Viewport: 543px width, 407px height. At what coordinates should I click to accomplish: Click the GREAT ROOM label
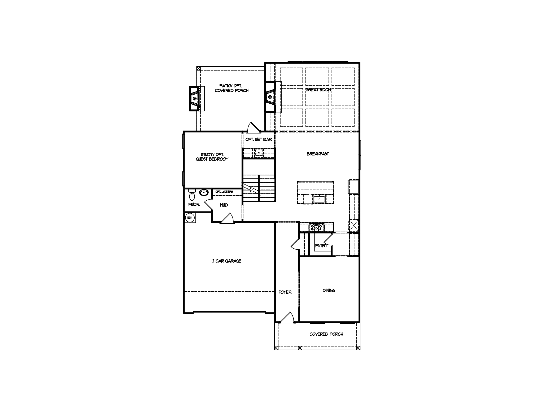tap(318, 90)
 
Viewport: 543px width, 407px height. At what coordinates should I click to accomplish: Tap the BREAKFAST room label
tap(318, 154)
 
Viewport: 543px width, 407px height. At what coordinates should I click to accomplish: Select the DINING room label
tap(329, 291)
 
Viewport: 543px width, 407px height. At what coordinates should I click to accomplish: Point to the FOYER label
tap(285, 292)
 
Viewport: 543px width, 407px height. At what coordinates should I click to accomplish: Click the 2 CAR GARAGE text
tap(227, 261)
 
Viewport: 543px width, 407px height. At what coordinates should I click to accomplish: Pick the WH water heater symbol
tap(190, 218)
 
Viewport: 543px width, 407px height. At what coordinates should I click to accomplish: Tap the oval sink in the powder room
tap(204, 193)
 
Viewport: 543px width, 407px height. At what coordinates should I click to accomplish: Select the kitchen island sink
tap(319, 199)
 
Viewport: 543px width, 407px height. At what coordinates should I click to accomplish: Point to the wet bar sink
tap(259, 153)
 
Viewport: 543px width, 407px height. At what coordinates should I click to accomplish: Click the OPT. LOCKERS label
tap(224, 192)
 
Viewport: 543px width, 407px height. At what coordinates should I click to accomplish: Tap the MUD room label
tap(224, 205)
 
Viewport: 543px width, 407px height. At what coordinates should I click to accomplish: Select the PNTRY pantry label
tap(321, 246)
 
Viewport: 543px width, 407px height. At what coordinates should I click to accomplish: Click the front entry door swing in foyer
tap(286, 318)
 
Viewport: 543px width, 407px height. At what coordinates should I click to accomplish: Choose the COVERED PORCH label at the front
tap(326, 334)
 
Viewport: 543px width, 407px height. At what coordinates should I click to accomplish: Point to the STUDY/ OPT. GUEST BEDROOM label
tap(212, 157)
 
